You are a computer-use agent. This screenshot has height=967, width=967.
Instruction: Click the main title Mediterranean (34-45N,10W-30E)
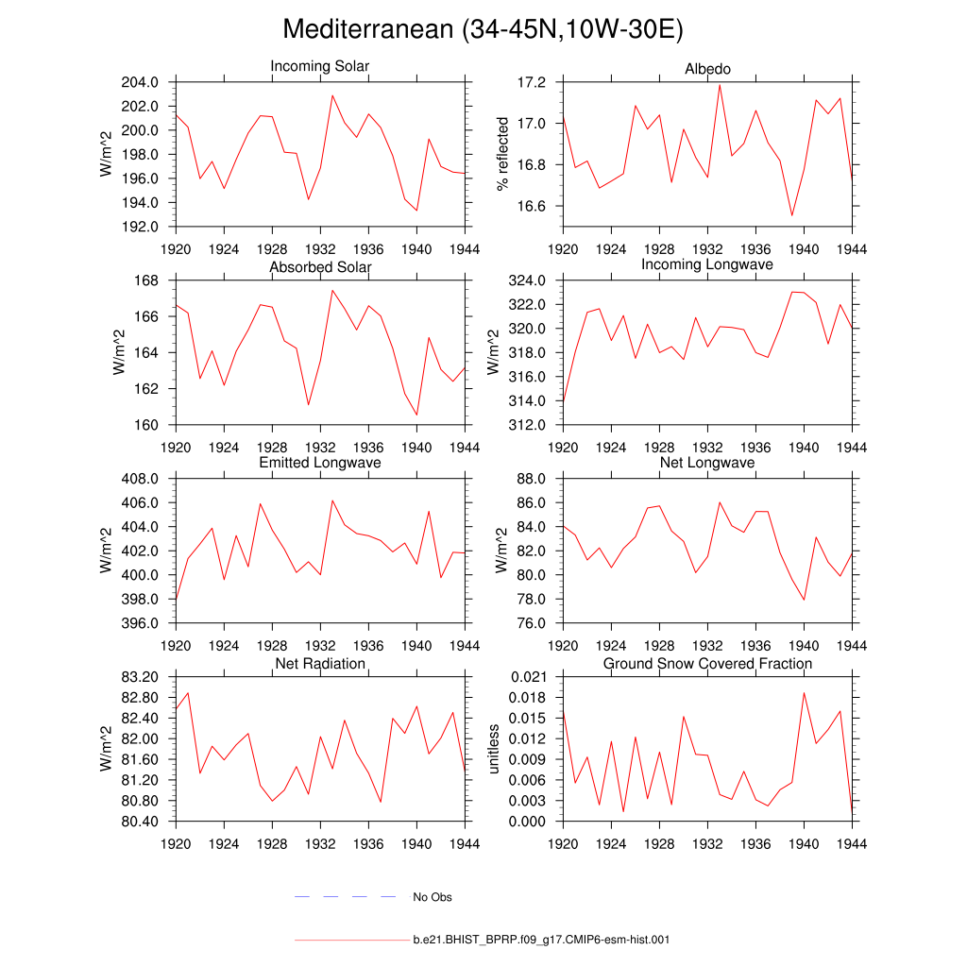[483, 30]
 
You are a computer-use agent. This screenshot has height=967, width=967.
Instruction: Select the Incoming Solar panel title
[320, 67]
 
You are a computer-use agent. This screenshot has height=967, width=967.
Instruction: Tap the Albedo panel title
[707, 70]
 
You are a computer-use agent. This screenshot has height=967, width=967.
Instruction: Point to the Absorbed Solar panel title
[320, 267]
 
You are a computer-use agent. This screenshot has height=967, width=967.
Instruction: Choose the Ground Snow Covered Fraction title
[707, 664]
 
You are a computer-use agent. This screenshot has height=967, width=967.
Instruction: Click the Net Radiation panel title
[320, 664]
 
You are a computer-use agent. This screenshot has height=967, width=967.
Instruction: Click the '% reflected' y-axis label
[502, 154]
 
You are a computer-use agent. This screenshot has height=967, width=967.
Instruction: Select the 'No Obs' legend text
[433, 897]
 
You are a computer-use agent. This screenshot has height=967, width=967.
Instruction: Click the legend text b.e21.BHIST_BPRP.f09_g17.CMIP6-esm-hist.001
[542, 941]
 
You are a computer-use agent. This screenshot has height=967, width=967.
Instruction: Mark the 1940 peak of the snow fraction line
[804, 692]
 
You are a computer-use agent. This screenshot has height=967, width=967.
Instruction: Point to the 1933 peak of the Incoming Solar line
[332, 95]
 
